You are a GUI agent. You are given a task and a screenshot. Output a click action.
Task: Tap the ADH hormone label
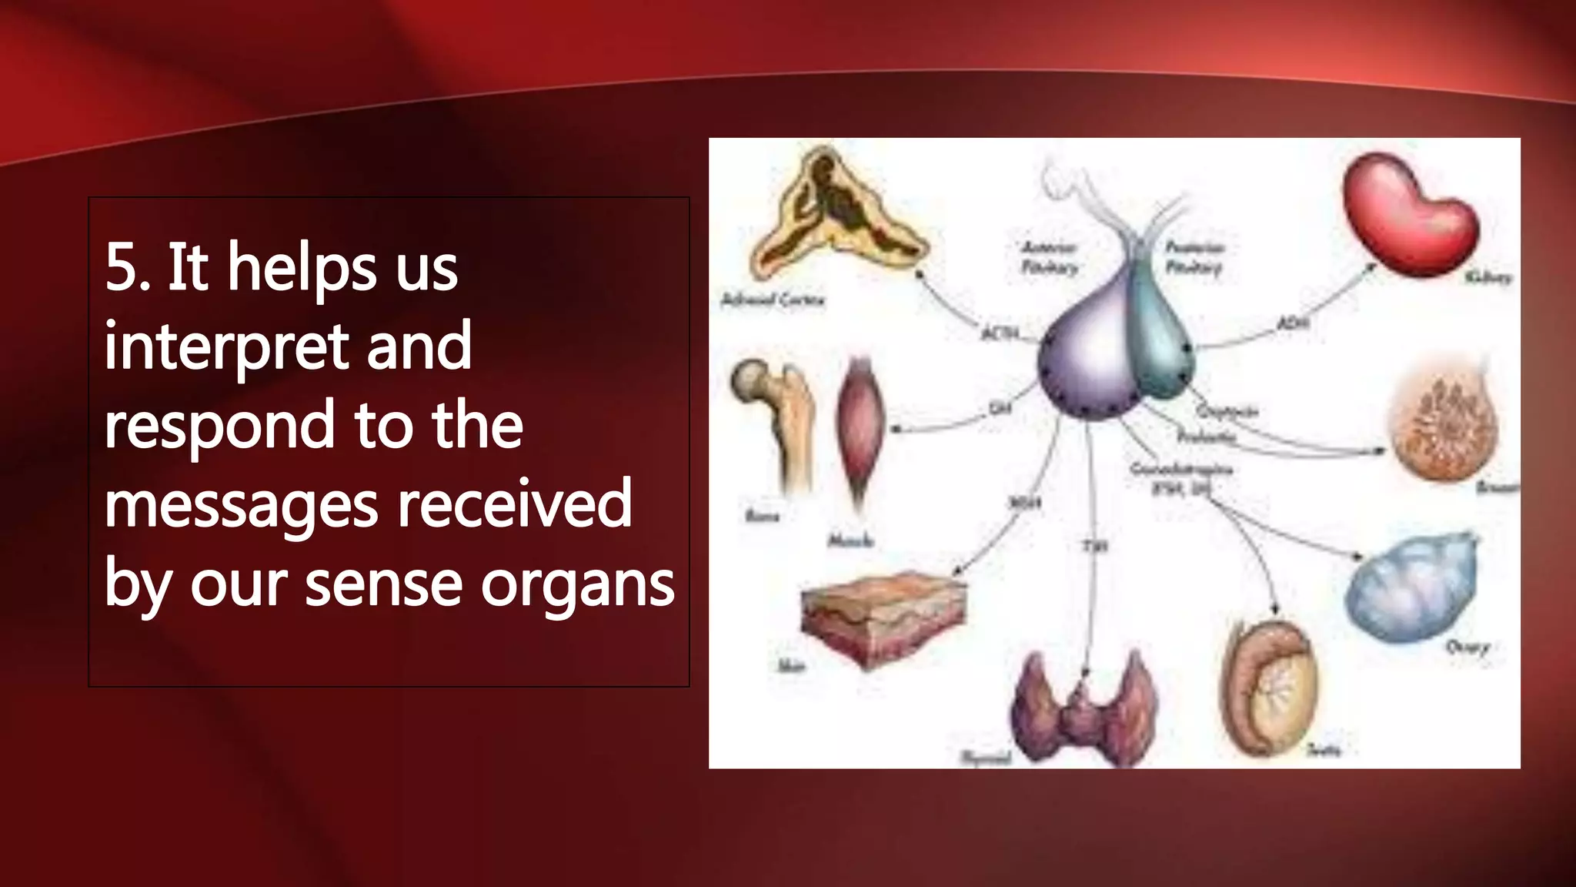(1293, 324)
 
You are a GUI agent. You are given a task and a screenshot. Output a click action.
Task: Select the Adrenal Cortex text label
(772, 300)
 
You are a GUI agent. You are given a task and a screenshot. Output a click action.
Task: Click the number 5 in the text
(122, 267)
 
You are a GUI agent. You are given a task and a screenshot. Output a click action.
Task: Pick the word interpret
(226, 347)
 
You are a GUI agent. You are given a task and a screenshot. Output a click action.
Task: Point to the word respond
(219, 426)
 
